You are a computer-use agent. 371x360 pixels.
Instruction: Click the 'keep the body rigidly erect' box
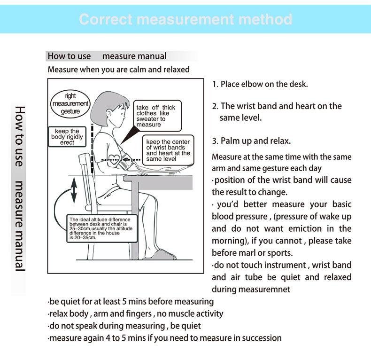(67, 137)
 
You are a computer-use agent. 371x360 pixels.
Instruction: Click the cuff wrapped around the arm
(127, 162)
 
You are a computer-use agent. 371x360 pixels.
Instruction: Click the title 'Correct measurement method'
(185, 19)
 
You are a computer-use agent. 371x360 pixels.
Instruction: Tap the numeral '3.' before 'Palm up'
(215, 141)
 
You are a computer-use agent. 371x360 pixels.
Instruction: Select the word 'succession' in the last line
(260, 338)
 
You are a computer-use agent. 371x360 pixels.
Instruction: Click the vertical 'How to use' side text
(19, 137)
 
